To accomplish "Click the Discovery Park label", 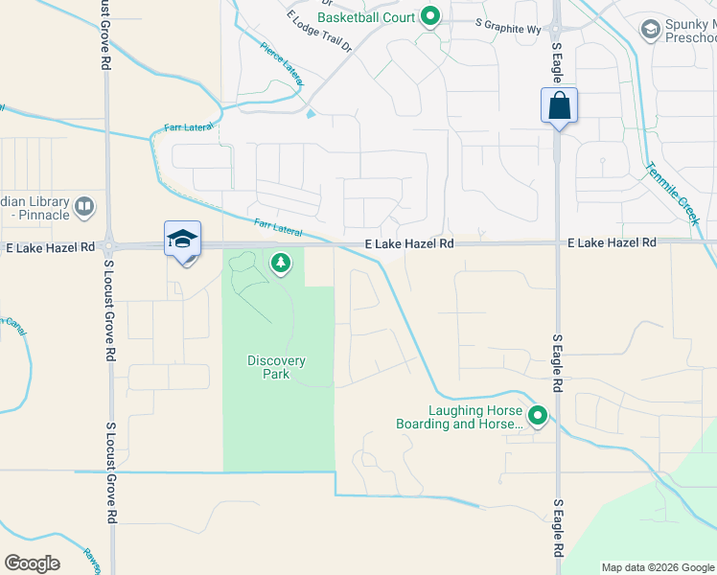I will click(276, 367).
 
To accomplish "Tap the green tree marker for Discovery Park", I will click(281, 262).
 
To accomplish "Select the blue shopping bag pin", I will click(559, 105).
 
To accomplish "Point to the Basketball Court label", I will click(366, 17).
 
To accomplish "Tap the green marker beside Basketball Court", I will click(431, 17).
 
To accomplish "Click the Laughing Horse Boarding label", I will click(460, 416).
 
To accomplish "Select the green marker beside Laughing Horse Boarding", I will click(538, 416).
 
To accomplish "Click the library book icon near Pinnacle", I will click(84, 206).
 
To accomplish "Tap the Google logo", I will click(32, 563).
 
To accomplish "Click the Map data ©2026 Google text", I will click(657, 567).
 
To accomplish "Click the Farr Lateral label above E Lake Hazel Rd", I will click(279, 227).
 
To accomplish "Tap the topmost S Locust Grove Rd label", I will click(104, 35).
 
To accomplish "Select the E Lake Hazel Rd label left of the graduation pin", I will click(50, 247).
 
